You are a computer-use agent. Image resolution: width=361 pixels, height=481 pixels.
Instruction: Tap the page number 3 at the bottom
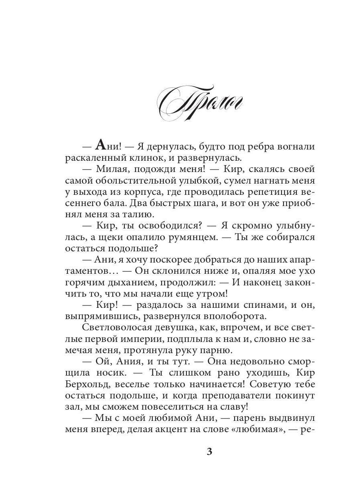click(x=209, y=452)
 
